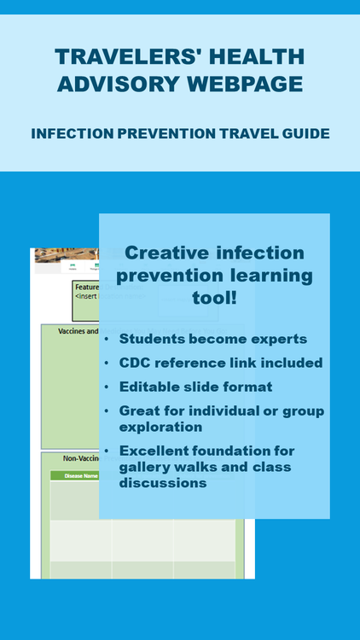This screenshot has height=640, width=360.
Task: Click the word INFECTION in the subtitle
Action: [x=67, y=134]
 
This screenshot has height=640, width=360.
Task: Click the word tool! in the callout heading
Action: [x=214, y=300]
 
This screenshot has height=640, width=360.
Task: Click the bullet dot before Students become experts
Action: [x=107, y=340]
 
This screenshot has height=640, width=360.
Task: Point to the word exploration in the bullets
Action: [x=160, y=426]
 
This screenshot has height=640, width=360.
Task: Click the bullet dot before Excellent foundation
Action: [x=107, y=451]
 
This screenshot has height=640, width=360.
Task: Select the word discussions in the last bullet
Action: [x=163, y=482]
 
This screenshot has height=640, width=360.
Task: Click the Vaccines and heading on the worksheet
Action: [x=79, y=331]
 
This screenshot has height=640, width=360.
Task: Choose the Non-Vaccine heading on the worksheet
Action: [x=83, y=458]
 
